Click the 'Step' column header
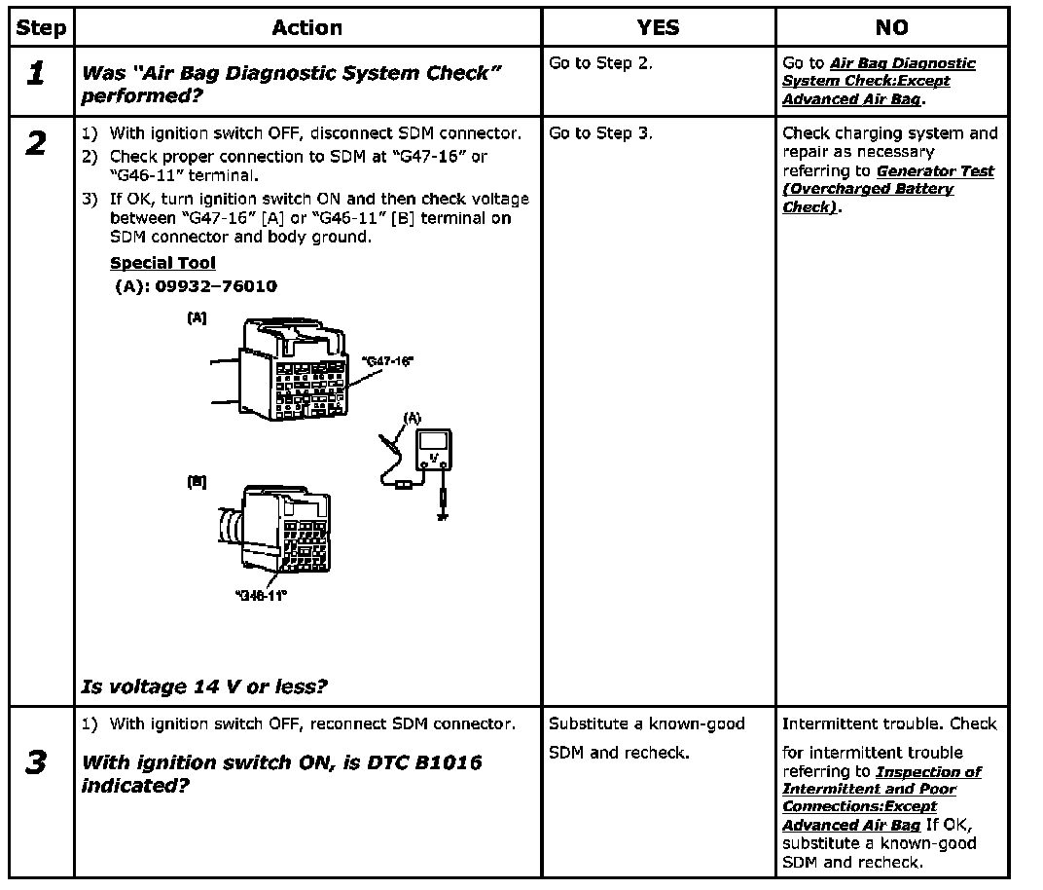[x=42, y=28]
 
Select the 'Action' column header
[x=306, y=28]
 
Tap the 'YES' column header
[x=658, y=28]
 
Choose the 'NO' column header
[x=891, y=28]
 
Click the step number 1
[x=36, y=75]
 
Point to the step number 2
[x=36, y=145]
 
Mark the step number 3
[x=36, y=762]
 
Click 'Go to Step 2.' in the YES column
[x=600, y=63]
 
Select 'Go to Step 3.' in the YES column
[x=600, y=133]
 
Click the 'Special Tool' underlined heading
[x=162, y=263]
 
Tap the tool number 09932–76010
[x=215, y=286]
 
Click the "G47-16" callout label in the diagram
[x=387, y=361]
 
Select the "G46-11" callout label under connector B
[x=262, y=595]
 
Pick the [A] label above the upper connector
[x=197, y=317]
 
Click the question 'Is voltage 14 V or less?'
[x=204, y=686]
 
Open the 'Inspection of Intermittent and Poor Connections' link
[x=882, y=789]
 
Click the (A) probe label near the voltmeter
[x=412, y=417]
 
